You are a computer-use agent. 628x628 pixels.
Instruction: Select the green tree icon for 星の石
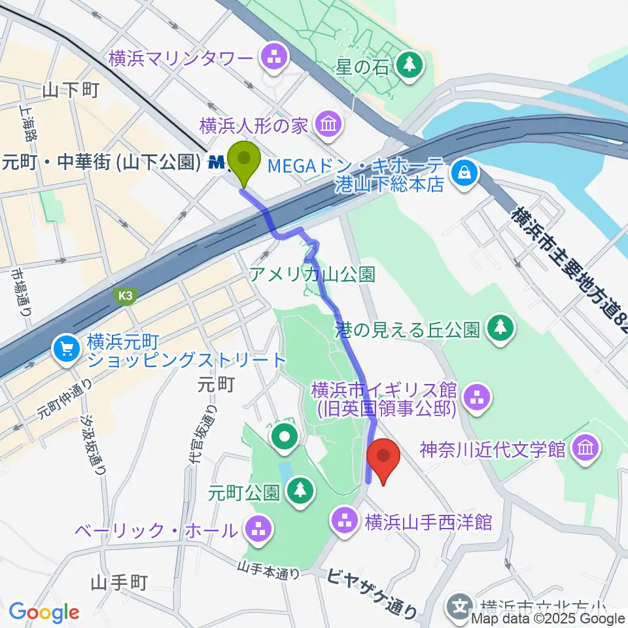410,65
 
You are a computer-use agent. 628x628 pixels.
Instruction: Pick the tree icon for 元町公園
300,489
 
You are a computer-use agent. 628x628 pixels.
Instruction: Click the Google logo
44,612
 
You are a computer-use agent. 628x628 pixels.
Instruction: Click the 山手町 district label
122,581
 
